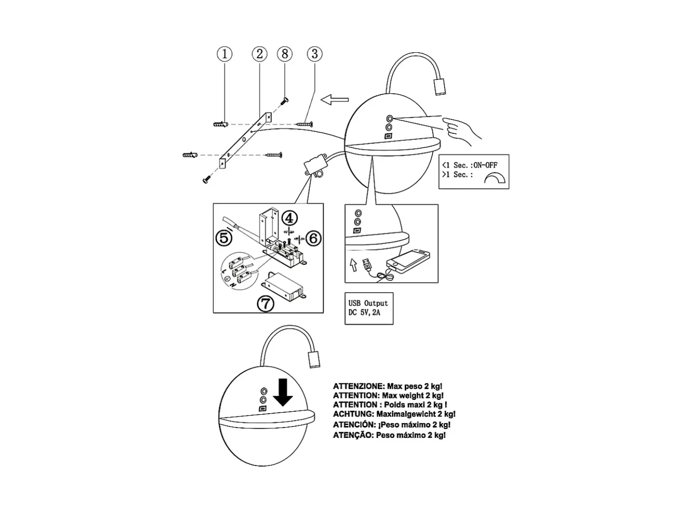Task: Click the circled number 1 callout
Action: [225, 54]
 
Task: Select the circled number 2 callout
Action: [259, 54]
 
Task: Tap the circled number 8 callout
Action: [285, 54]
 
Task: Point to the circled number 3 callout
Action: [315, 54]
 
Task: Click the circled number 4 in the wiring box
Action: [289, 218]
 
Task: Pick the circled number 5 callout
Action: [224, 238]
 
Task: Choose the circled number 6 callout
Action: [313, 238]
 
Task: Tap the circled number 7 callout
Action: [266, 304]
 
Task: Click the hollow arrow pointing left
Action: [335, 99]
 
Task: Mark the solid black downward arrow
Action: [282, 392]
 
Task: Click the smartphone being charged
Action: [408, 261]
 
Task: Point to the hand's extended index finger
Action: [452, 122]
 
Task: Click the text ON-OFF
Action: [485, 165]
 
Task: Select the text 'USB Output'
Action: [368, 303]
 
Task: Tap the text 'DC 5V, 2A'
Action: [364, 313]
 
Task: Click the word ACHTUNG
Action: [353, 414]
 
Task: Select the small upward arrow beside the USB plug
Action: [354, 264]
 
